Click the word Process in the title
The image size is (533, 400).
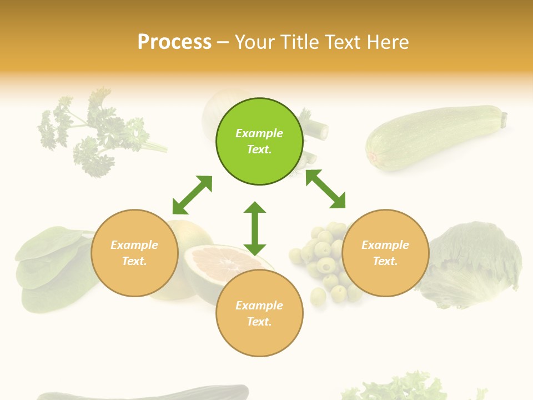pyautogui.click(x=174, y=42)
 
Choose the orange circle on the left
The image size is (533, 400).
pyautogui.click(x=134, y=253)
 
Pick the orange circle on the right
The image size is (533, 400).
pyautogui.click(x=385, y=253)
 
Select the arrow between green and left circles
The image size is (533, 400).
pyautogui.click(x=192, y=195)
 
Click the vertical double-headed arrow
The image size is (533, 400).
pyautogui.click(x=255, y=228)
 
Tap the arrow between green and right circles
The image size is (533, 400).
pyautogui.click(x=325, y=189)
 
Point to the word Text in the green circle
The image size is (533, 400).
pyautogui.click(x=259, y=149)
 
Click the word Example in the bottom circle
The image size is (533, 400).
pyautogui.click(x=259, y=306)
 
